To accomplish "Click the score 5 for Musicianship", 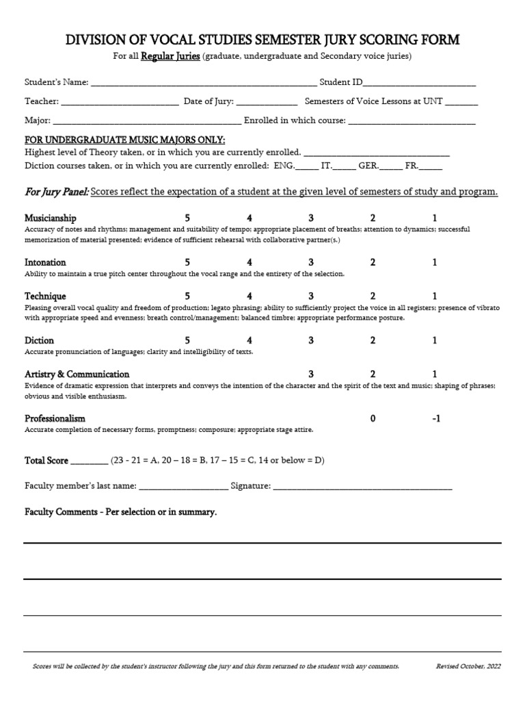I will pyautogui.click(x=187, y=218).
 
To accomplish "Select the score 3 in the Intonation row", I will pyautogui.click(x=311, y=262).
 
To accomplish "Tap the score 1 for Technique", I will pyautogui.click(x=435, y=296).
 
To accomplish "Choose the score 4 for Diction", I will pyautogui.click(x=250, y=340).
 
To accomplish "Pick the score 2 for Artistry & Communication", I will pyautogui.click(x=373, y=374).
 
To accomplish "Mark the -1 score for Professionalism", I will pyautogui.click(x=436, y=418).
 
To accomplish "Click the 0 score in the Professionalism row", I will pyautogui.click(x=373, y=418).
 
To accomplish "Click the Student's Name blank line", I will pyautogui.click(x=204, y=84).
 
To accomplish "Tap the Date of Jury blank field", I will pyautogui.click(x=267, y=103).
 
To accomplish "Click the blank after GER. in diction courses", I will pyautogui.click(x=391, y=167).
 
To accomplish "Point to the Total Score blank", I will pyautogui.click(x=89, y=462).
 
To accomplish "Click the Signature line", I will pyautogui.click(x=362, y=487).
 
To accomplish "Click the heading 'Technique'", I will pyautogui.click(x=45, y=296).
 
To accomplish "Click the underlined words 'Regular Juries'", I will pyautogui.click(x=170, y=56).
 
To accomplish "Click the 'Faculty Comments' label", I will pyautogui.click(x=120, y=512).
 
